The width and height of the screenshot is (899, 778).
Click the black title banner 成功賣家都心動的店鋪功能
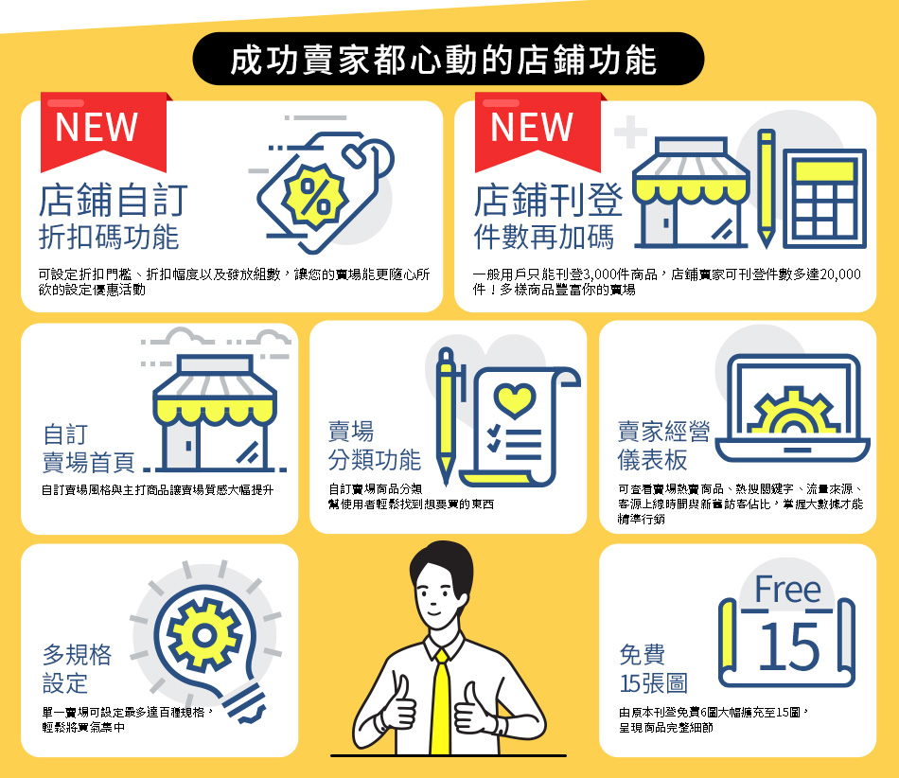coord(449,59)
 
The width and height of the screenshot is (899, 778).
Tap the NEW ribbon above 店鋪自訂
coord(104,132)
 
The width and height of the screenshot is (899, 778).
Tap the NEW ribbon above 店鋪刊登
coord(538,132)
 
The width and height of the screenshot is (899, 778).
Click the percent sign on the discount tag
coord(315,196)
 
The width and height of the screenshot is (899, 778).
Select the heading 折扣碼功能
coord(109,238)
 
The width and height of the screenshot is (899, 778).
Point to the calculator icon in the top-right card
coord(824,199)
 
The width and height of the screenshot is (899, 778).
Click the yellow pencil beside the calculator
coord(766,188)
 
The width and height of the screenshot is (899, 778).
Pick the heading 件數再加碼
coord(544,238)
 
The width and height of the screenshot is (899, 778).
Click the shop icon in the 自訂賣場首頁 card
coord(215,413)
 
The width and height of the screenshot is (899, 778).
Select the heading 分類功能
coord(375,460)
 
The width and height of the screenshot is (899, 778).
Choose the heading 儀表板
coord(652,460)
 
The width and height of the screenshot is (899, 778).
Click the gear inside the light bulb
coord(204,635)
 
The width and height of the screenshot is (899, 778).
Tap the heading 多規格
coord(77,655)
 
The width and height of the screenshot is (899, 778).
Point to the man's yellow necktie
coord(440,701)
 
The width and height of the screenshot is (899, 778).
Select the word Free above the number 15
coord(787,589)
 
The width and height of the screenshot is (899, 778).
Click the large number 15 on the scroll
coord(789,646)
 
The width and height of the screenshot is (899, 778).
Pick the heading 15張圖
coord(653,683)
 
